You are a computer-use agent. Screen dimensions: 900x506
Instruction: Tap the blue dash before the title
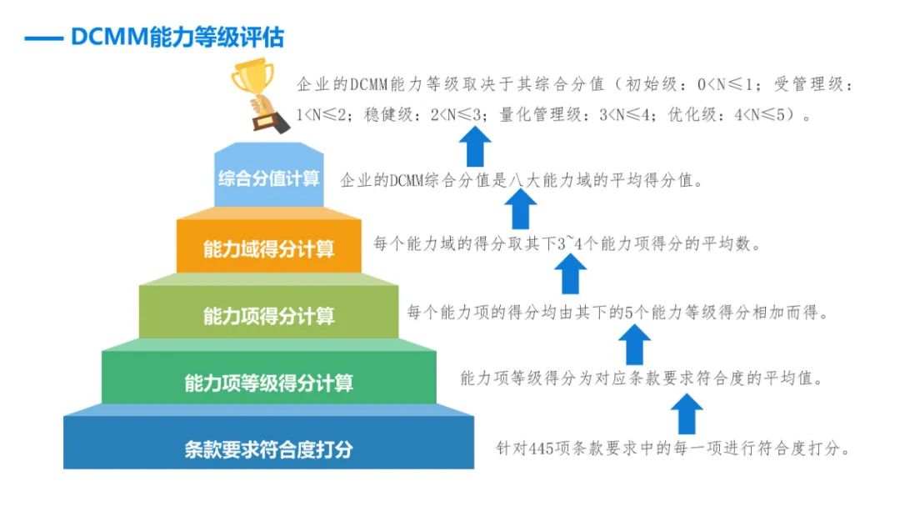[x=43, y=39]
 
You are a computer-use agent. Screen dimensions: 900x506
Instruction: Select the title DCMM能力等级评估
[x=177, y=38]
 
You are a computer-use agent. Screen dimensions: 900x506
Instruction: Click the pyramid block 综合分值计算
[x=268, y=175]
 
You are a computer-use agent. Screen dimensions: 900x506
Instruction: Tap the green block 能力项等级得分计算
[x=268, y=378]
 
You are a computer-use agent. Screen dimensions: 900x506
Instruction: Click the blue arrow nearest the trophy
[x=475, y=147]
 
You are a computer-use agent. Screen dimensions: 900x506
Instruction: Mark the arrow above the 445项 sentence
[x=687, y=413]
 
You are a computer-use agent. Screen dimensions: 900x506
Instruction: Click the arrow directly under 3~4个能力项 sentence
[x=570, y=274]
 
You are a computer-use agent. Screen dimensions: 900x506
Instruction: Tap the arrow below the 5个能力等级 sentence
[x=634, y=344]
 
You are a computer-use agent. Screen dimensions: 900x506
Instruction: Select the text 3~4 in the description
[x=570, y=243]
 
